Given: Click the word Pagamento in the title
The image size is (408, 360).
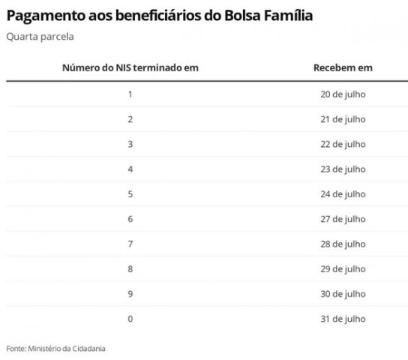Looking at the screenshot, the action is tap(46, 16).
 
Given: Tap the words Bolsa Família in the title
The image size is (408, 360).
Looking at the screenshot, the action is tap(268, 15).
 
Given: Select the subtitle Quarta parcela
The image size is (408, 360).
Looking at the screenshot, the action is tap(40, 37).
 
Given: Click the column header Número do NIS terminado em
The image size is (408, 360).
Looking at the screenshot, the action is tap(130, 67).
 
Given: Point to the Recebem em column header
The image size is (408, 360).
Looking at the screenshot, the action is tap(343, 67).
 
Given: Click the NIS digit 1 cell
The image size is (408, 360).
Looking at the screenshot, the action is tap(130, 94).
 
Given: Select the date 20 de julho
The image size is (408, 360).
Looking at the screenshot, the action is tap(343, 94).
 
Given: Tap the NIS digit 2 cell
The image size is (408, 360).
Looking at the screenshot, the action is tap(130, 119).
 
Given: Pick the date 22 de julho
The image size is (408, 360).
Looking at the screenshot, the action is tap(343, 144).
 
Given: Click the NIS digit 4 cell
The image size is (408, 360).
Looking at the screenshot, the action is tap(130, 169).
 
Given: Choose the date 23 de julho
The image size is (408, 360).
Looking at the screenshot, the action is tap(343, 169).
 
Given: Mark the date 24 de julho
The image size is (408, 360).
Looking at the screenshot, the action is tap(343, 194).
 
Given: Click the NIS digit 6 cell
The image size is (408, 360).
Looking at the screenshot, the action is tap(130, 219).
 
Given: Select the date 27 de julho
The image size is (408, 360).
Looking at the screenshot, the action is tap(343, 219).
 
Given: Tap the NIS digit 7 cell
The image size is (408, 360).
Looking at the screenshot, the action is tap(130, 244).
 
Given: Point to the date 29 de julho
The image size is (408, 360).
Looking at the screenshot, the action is tap(343, 269).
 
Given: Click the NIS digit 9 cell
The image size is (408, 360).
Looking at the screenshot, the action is tap(130, 294).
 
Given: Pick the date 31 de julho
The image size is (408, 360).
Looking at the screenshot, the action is tap(343, 319).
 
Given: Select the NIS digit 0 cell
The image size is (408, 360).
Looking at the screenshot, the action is tap(130, 319).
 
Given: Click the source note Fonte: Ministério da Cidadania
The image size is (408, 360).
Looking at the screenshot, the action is tap(55, 349).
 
